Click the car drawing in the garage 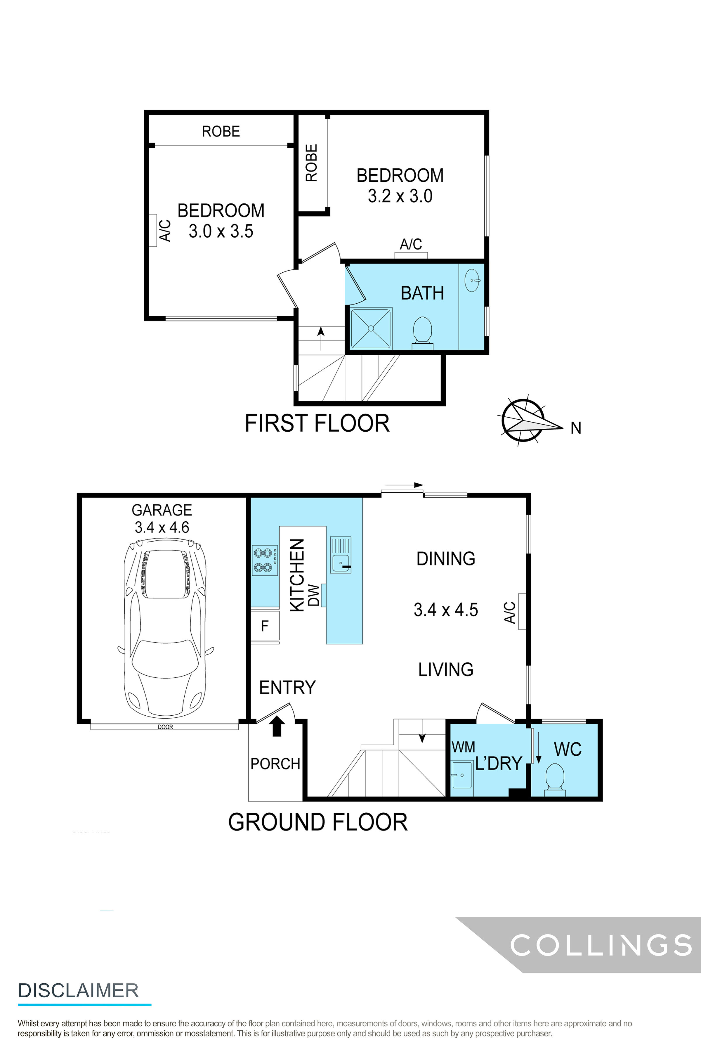[165, 629]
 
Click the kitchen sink [341, 555]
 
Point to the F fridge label [265, 626]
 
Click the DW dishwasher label [314, 595]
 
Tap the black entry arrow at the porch [277, 726]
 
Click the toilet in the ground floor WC [555, 780]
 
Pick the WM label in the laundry [463, 747]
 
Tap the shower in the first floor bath [371, 328]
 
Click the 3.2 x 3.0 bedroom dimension [400, 196]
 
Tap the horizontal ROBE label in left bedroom [221, 131]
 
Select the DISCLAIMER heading [78, 991]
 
